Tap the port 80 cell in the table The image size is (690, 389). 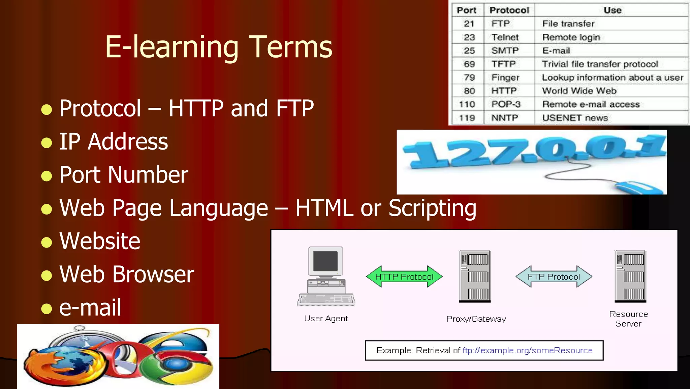click(x=469, y=91)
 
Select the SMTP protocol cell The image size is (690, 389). click(x=505, y=51)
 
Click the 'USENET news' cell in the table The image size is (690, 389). click(x=575, y=118)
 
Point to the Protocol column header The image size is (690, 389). click(x=509, y=10)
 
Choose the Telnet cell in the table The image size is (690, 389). click(x=505, y=37)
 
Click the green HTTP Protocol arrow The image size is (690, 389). click(x=404, y=277)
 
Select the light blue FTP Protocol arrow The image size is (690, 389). click(x=554, y=277)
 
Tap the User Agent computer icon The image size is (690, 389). click(x=326, y=276)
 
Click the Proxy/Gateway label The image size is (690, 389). click(x=476, y=319)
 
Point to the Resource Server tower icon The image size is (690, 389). click(x=630, y=276)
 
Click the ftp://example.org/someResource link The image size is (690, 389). click(x=527, y=350)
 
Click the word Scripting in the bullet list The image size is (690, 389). click(x=432, y=208)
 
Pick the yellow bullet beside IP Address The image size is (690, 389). click(x=46, y=142)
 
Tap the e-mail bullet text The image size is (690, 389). click(x=90, y=307)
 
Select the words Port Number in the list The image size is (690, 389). click(x=124, y=175)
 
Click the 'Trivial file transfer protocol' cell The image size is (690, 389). click(x=600, y=64)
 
